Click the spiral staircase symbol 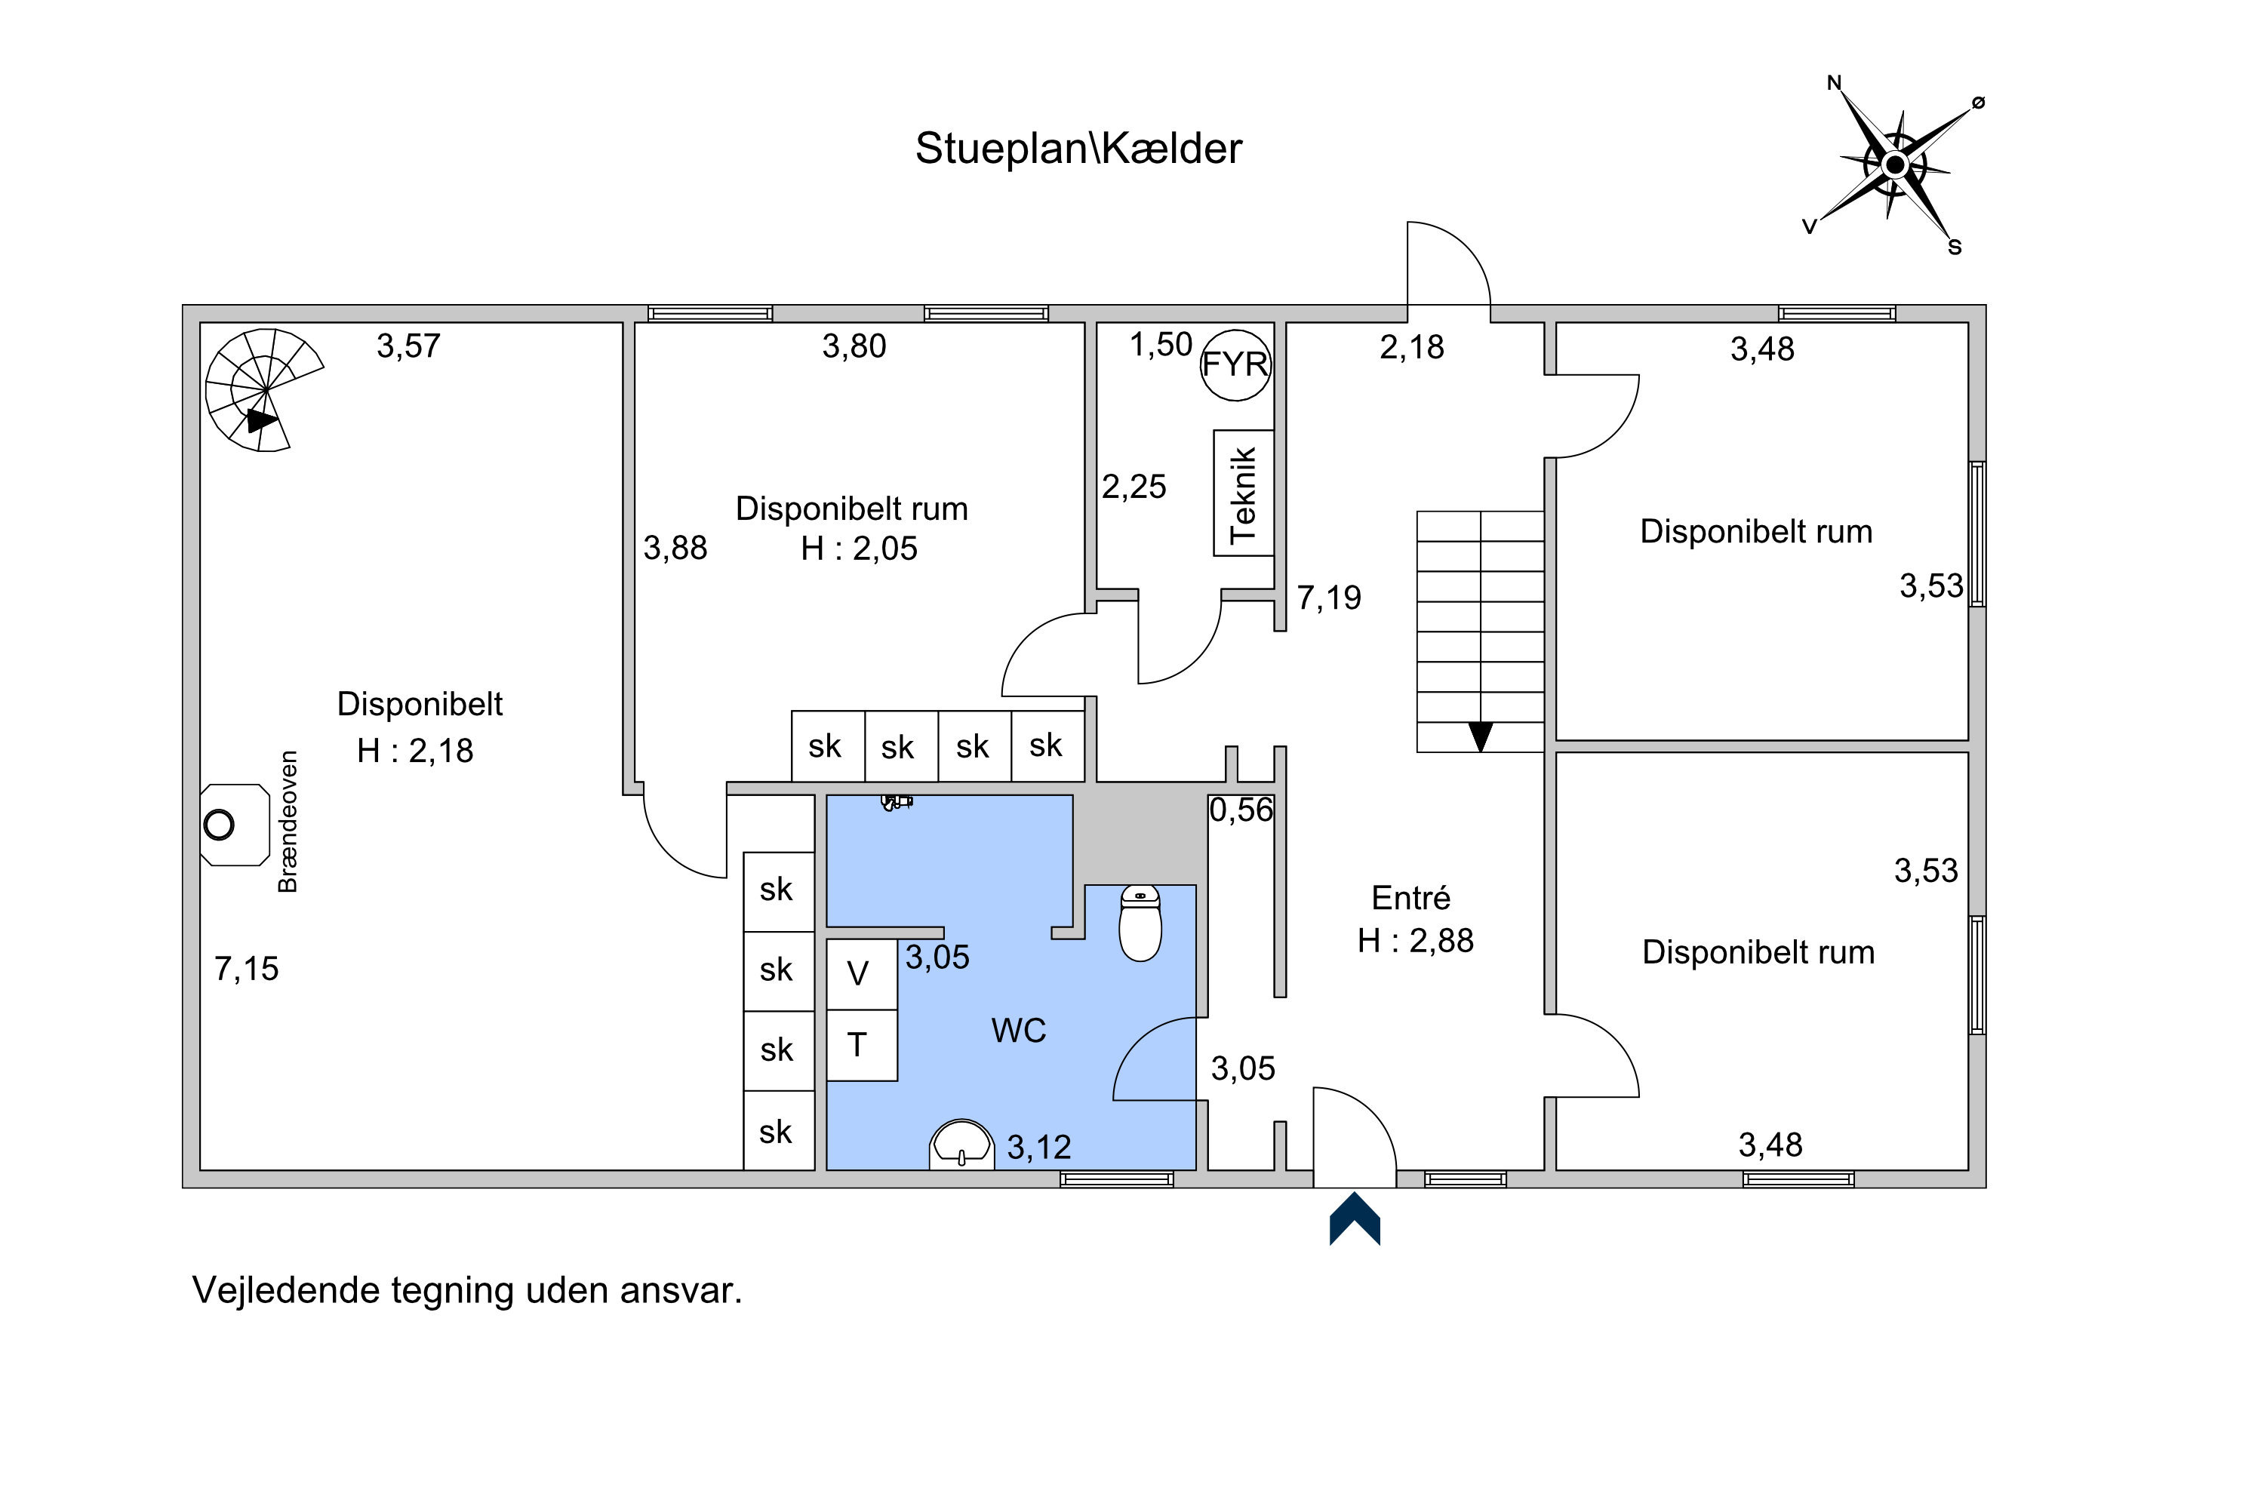point(265,390)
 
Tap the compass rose point(1895,165)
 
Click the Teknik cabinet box point(1244,493)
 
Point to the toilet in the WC point(1140,923)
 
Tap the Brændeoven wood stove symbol point(234,825)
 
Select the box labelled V point(863,975)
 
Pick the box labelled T point(863,1045)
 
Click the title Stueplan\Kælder point(1078,148)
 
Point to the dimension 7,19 point(1329,598)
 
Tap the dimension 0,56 point(1241,810)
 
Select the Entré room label point(1411,898)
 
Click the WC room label point(1018,1031)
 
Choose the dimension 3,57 point(408,346)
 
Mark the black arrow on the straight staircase point(1481,736)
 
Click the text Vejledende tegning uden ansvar point(468,1290)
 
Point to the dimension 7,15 point(247,968)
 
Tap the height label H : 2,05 point(860,549)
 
